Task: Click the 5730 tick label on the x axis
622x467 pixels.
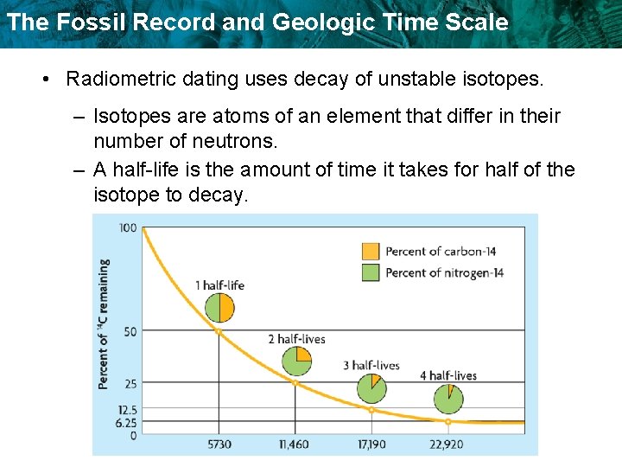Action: coord(219,444)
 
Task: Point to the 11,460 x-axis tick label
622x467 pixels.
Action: coord(295,444)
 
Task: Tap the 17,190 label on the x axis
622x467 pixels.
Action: coord(371,444)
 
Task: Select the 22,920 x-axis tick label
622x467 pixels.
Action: coord(447,444)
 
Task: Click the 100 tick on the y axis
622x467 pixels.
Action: coord(127,227)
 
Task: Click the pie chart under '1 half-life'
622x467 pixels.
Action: coord(219,308)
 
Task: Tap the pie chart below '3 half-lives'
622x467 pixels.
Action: coord(372,388)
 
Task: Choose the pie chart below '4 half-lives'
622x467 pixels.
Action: coord(448,399)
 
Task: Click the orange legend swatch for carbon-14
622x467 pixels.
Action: coord(370,252)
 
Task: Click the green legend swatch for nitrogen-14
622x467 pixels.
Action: coord(370,272)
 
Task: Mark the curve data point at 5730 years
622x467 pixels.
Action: coord(219,331)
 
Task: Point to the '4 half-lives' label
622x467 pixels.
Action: coord(447,375)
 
